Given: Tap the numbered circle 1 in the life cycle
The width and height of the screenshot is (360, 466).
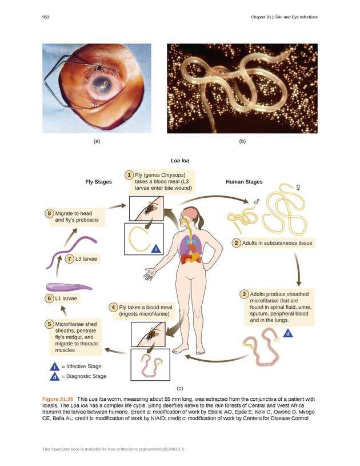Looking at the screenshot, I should point(130,174).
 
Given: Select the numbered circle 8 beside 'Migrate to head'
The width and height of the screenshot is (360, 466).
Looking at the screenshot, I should point(50,214).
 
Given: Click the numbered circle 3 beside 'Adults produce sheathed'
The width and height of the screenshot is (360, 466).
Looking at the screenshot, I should point(244,294).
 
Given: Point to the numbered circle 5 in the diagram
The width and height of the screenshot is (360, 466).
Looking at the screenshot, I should point(50,324).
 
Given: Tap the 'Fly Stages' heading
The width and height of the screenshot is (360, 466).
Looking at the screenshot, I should point(98,182).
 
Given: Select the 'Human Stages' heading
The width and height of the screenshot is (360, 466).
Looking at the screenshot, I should point(244,182).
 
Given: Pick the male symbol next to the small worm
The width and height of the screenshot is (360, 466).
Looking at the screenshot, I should point(257,201).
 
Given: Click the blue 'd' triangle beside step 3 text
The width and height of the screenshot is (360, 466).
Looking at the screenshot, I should point(288,333).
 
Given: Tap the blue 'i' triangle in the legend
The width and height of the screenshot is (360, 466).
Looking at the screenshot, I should point(54,367).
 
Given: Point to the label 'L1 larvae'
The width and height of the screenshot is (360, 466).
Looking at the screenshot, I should point(66,298).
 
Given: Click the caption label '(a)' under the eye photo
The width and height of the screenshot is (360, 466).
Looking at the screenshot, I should point(96,141).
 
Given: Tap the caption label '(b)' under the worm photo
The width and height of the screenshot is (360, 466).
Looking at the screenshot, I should point(242,141).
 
